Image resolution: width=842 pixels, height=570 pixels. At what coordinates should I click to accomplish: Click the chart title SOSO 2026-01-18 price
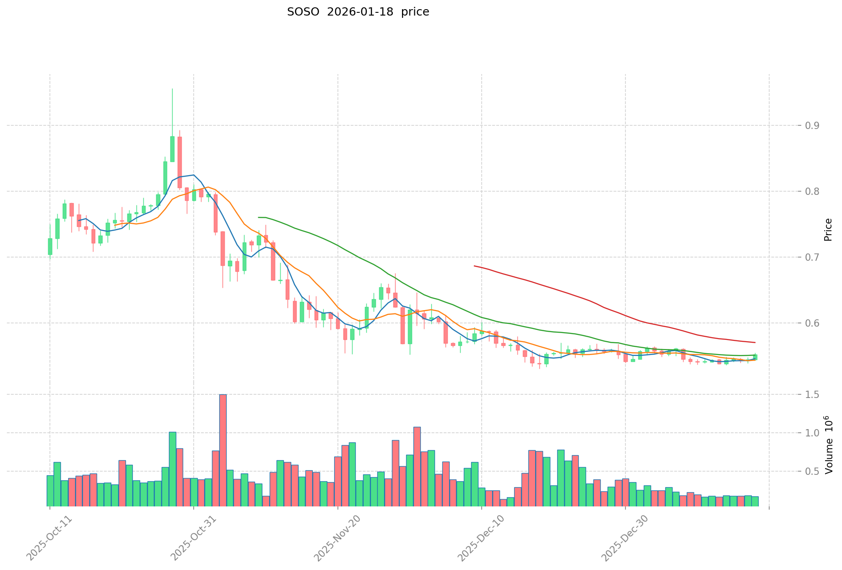click(358, 12)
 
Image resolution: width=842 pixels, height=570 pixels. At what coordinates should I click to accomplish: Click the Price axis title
click(828, 230)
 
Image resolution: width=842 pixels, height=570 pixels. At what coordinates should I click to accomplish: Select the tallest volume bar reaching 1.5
click(223, 450)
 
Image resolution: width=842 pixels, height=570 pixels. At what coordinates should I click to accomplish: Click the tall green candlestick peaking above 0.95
click(172, 149)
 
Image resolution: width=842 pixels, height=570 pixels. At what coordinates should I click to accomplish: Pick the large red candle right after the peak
click(179, 162)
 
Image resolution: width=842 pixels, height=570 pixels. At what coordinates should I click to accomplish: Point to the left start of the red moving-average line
click(475, 266)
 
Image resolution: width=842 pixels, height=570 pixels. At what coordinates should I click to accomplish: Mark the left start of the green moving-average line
click(259, 217)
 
